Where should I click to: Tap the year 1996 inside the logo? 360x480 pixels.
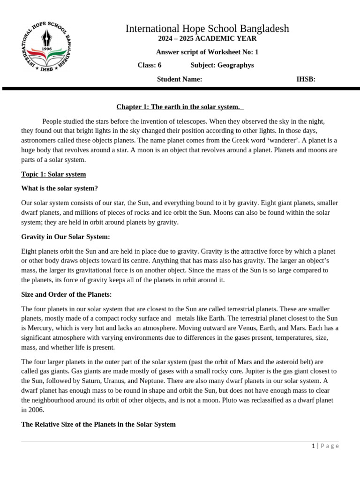45,48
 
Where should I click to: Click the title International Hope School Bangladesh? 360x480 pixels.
207,29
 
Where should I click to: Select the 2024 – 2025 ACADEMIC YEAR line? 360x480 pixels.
207,39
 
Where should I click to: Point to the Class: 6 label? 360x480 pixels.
150,65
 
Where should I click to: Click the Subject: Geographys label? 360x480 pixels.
222,65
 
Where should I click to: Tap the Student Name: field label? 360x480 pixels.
180,79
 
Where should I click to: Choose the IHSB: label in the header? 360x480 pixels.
306,79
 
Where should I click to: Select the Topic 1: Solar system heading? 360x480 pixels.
53,174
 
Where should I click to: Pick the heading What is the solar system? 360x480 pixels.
60,188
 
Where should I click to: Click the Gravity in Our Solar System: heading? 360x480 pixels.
66,237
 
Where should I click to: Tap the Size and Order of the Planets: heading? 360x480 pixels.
67,295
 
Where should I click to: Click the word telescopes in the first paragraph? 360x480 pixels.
210,121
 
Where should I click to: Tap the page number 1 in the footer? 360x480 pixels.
313,446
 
